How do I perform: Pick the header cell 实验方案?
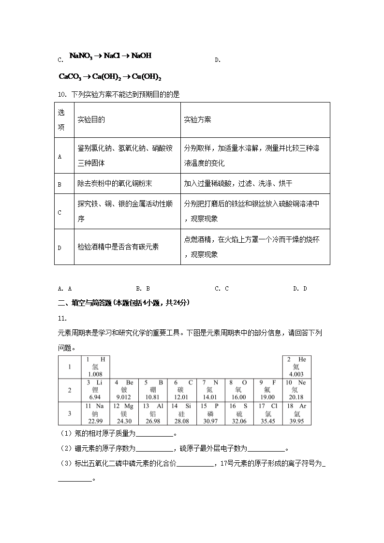[197, 119]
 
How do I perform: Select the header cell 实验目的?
[91, 119]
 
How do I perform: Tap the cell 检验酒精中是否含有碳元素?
[118, 247]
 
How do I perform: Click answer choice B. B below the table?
[143, 289]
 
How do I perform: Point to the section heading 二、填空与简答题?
[124, 303]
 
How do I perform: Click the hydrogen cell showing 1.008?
[95, 367]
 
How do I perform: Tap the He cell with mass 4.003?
[296, 367]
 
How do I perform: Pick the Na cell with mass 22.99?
[95, 413]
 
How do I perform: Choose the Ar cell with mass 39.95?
[296, 413]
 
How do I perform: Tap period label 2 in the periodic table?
[70, 390]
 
